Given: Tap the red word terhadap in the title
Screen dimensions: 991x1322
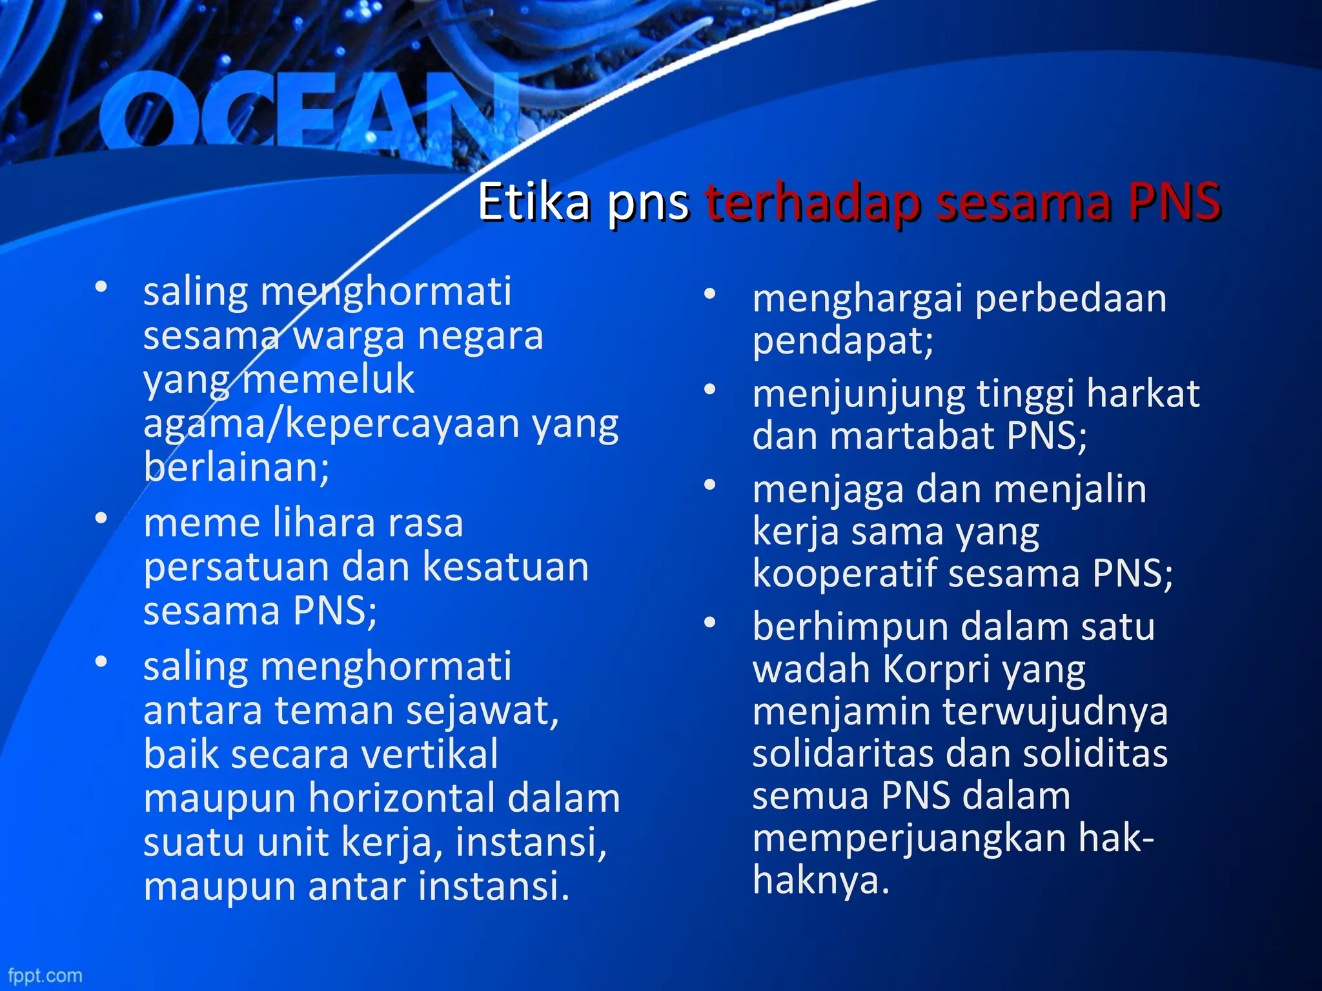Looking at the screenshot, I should pos(813,203).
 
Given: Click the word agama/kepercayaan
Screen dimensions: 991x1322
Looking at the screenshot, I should pos(331,424).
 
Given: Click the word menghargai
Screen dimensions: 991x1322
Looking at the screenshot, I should pos(858,299).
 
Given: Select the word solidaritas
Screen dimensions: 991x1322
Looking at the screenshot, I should pos(843,753).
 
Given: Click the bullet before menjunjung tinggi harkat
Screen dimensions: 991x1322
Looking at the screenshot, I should pos(710,390).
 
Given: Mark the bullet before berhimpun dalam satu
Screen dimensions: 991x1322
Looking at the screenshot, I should pos(710,623).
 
